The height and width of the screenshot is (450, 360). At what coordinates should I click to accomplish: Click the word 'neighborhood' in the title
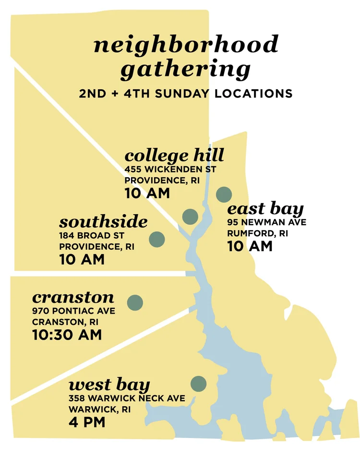pos(185,45)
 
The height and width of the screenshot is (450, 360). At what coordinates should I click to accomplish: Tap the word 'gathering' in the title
pos(185,70)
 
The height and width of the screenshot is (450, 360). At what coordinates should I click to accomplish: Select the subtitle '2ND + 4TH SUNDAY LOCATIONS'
pos(186,93)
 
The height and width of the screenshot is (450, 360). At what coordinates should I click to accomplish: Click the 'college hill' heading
pos(174,156)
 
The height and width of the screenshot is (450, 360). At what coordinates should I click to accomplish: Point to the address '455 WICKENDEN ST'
pos(170,170)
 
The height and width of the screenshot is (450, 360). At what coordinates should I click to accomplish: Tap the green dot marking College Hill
pos(191,217)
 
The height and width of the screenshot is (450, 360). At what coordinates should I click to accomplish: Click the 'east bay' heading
pos(265,209)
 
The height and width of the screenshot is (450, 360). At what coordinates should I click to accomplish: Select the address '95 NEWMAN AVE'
pos(266,222)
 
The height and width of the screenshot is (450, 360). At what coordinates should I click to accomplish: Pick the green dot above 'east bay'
pos(224,195)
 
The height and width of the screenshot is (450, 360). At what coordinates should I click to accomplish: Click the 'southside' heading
pos(103,222)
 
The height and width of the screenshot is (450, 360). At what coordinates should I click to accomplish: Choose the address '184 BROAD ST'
pos(92,236)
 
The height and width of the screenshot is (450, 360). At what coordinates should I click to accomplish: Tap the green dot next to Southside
pos(157,239)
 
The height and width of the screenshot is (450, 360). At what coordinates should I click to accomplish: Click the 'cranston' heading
pos(73,297)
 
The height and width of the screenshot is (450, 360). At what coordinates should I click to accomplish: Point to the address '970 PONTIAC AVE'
pos(73,311)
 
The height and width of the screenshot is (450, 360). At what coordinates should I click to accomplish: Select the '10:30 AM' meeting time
pos(67,335)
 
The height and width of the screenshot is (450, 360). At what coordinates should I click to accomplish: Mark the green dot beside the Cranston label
pos(135,302)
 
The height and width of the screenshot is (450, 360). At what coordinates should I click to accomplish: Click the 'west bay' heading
pos(109,385)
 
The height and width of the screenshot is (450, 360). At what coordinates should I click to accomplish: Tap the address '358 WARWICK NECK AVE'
pos(127,399)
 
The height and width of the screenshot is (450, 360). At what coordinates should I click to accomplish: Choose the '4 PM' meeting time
pos(87,423)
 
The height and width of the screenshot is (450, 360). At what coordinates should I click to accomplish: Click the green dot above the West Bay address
pos(198,384)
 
